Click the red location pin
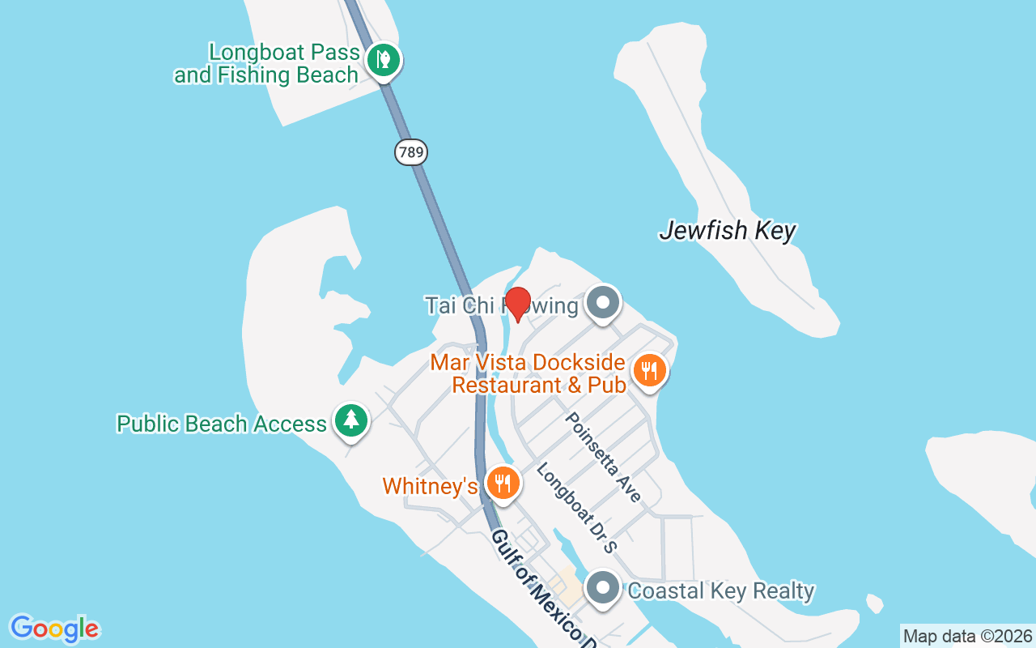pyautogui.click(x=517, y=303)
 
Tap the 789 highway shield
pyautogui.click(x=411, y=151)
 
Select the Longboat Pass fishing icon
pyautogui.click(x=382, y=60)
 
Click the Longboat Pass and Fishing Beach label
pyautogui.click(x=266, y=64)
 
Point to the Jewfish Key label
pyautogui.click(x=727, y=232)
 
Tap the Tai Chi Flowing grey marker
pyautogui.click(x=602, y=304)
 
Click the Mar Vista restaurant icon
pyautogui.click(x=648, y=371)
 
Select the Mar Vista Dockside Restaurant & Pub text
pyautogui.click(x=529, y=373)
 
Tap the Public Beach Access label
pyautogui.click(x=222, y=424)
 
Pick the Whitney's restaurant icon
pyautogui.click(x=503, y=484)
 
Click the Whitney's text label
pyautogui.click(x=430, y=486)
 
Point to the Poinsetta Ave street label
pyautogui.click(x=603, y=457)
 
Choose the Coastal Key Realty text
pyautogui.click(x=720, y=591)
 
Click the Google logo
pyautogui.click(x=54, y=629)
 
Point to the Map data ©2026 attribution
pyautogui.click(x=968, y=637)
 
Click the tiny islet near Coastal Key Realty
pyautogui.click(x=874, y=603)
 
